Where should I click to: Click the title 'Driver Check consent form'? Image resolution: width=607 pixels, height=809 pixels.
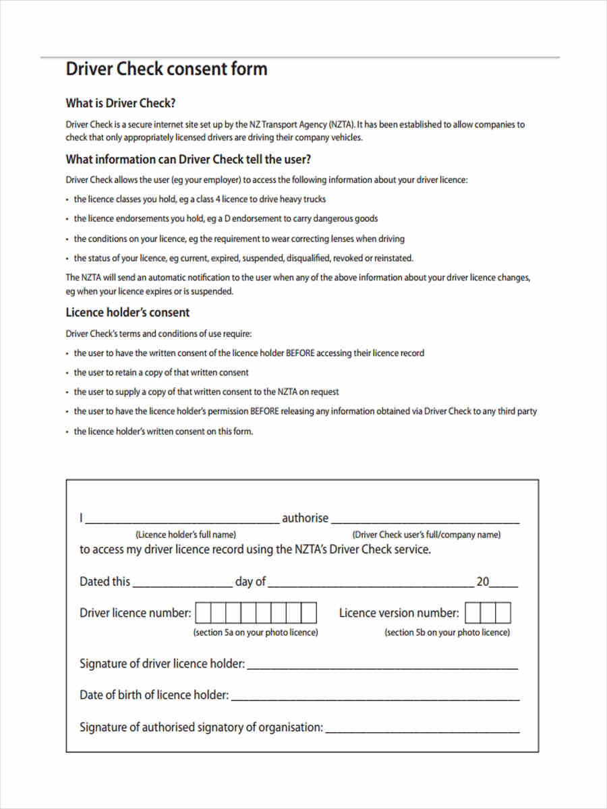click(166, 69)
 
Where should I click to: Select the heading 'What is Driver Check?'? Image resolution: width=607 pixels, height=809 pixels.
click(121, 103)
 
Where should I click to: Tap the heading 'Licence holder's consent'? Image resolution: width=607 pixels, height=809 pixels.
click(127, 312)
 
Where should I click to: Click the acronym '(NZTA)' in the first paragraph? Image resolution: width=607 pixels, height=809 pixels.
click(341, 124)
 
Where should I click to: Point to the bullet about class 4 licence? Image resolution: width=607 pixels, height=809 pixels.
click(200, 199)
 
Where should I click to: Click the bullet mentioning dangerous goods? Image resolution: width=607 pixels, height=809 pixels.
click(225, 218)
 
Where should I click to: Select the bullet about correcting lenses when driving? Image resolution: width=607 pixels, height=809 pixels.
click(239, 239)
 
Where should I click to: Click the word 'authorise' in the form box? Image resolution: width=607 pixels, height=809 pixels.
click(305, 518)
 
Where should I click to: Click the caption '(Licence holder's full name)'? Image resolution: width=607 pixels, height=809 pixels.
click(185, 535)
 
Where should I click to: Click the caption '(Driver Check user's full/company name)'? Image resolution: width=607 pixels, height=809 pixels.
click(426, 535)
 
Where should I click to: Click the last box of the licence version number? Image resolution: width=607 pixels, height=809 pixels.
click(503, 613)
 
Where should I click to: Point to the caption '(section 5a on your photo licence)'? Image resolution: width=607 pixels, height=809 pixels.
click(256, 632)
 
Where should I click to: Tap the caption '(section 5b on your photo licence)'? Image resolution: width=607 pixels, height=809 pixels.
click(447, 632)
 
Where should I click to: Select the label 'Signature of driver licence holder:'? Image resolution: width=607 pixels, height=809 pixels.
click(162, 663)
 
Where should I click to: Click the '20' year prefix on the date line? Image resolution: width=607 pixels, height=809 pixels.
click(483, 581)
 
